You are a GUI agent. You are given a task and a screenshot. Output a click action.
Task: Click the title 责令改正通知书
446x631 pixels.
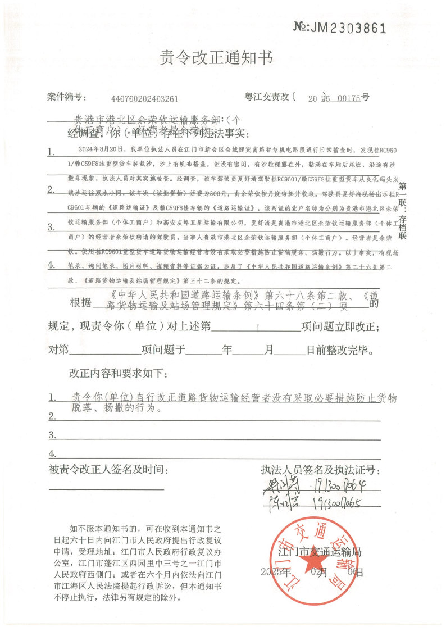[x=223, y=57]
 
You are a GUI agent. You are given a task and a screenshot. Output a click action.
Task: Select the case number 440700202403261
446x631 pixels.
[x=145, y=99]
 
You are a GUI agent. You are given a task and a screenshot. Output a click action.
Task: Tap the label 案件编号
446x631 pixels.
[x=65, y=98]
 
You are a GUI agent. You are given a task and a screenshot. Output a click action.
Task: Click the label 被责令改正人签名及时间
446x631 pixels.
[x=108, y=469]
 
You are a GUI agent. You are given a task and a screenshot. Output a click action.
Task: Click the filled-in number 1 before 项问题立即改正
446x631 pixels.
[x=257, y=326]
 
